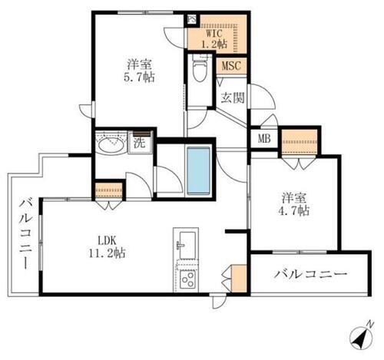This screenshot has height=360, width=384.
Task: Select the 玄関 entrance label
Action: pos(233,97)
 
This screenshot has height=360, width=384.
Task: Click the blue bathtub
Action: pos(199,170)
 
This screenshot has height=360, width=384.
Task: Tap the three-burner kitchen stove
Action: pos(187,281)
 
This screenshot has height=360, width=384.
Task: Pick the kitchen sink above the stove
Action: pos(184,246)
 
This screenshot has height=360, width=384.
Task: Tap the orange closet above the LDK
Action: pos(108,190)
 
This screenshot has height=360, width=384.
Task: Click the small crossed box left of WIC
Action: pos(192,21)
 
